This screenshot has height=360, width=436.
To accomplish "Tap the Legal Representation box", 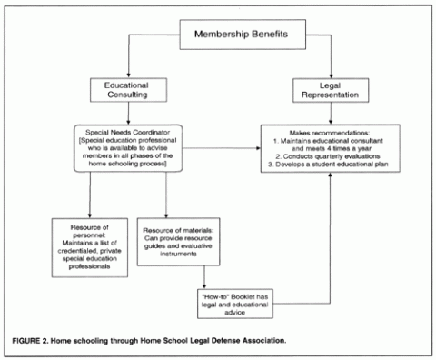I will point(315,89).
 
